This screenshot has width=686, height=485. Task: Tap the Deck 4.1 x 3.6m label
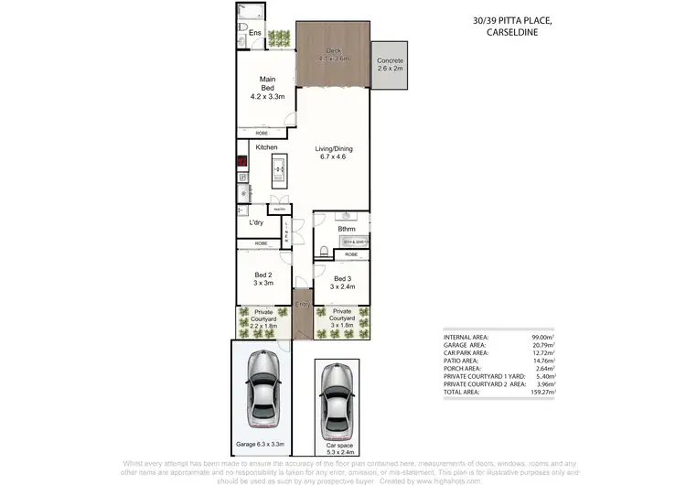[334, 55]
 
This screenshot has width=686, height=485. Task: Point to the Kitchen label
[266, 147]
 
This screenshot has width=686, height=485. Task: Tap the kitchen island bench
[277, 171]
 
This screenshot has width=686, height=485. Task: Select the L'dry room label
[257, 222]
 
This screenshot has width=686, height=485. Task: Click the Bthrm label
[346, 230]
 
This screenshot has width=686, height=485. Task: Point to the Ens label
[255, 34]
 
